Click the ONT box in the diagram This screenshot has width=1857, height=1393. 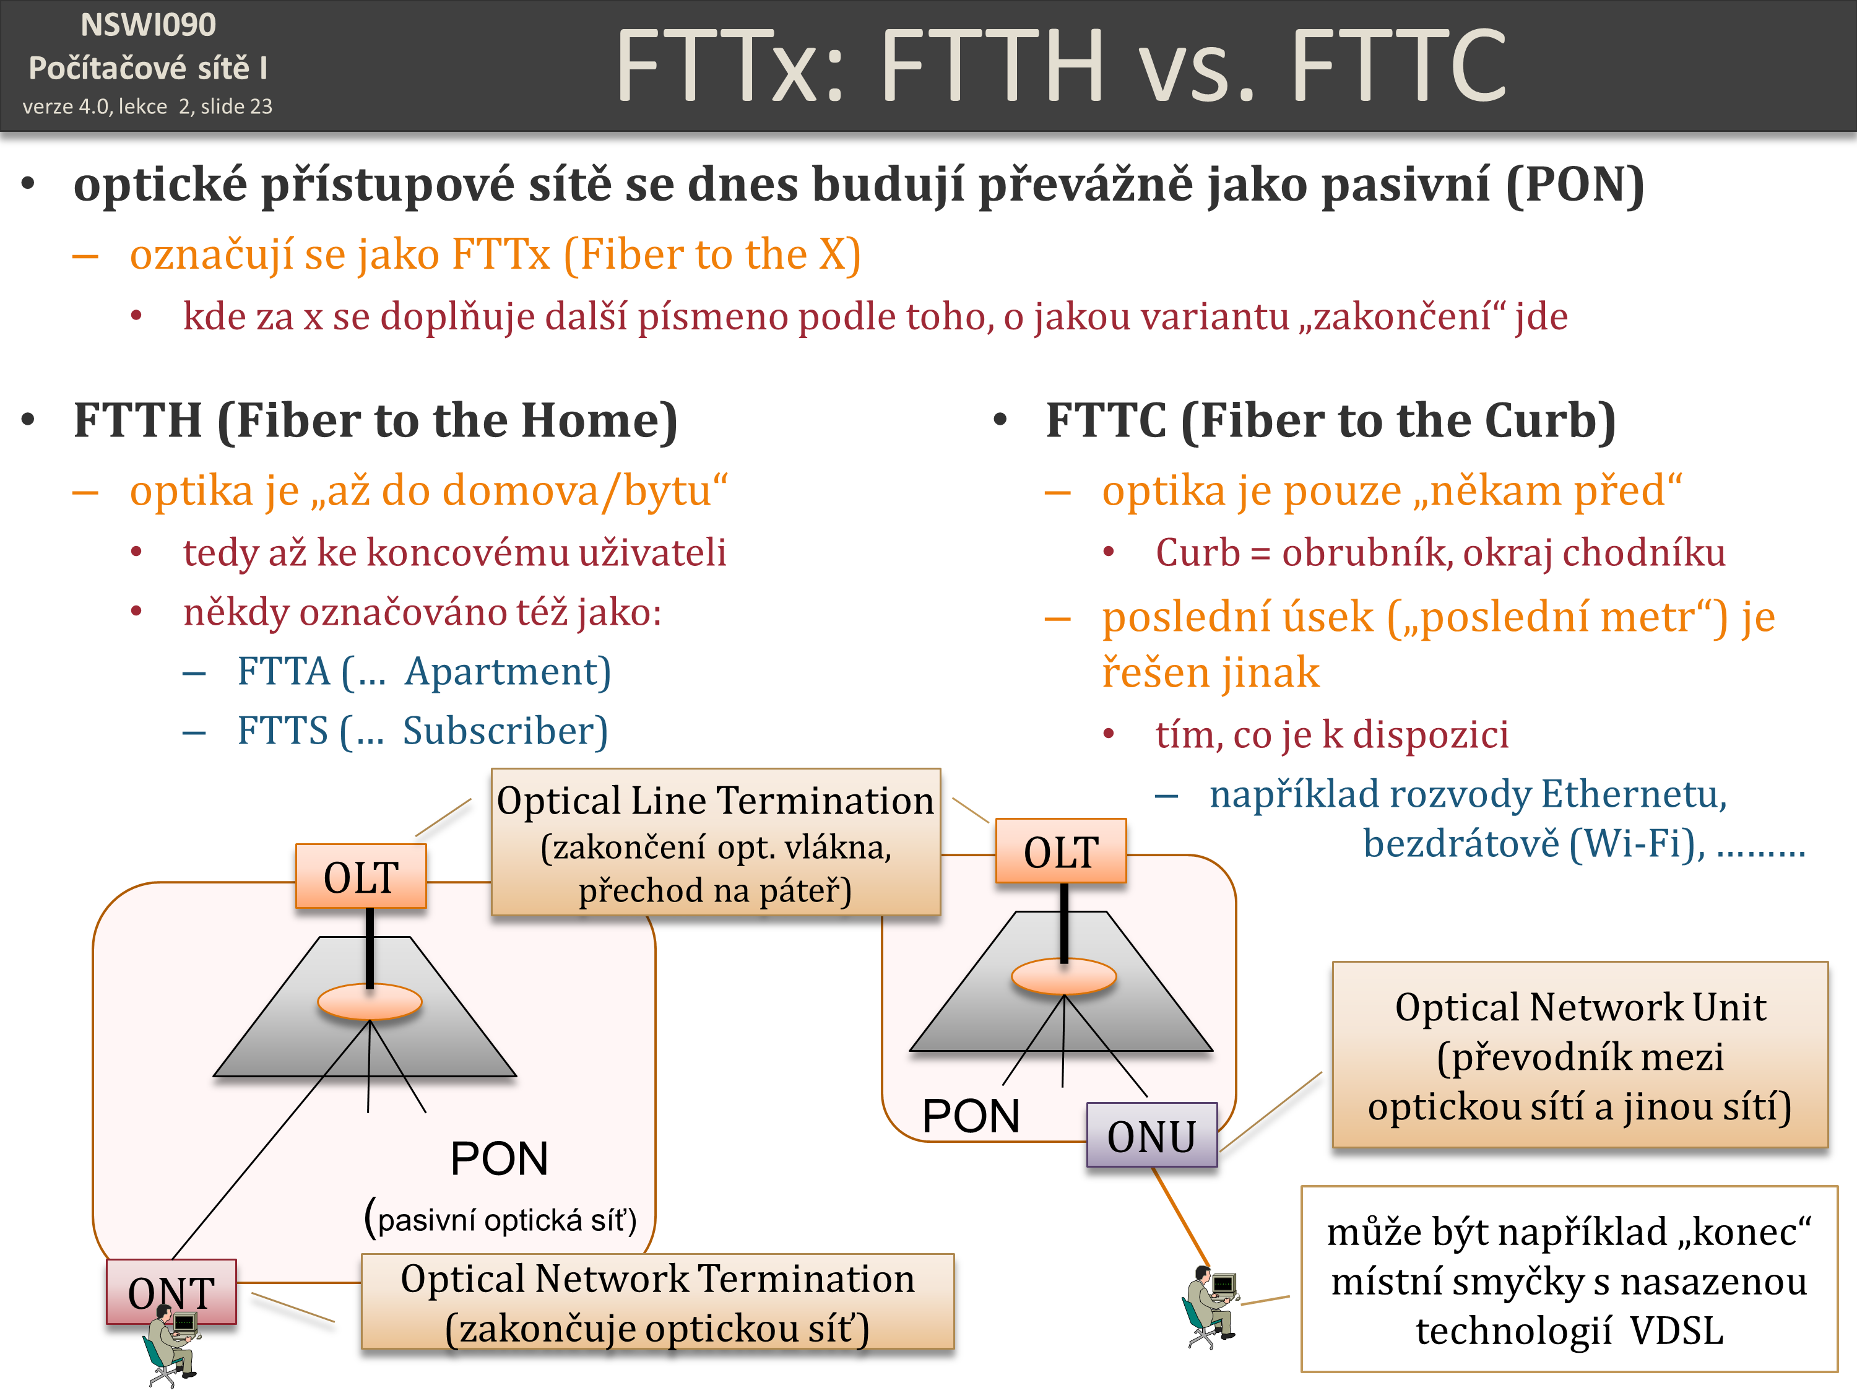point(171,1291)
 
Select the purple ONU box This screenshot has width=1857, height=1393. point(1151,1135)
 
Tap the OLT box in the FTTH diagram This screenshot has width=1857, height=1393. point(361,877)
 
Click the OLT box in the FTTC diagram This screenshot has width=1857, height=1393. point(1060,851)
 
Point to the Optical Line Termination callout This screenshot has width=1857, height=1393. point(716,842)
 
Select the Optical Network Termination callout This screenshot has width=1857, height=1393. point(657,1301)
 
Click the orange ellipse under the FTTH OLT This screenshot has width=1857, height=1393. point(370,1002)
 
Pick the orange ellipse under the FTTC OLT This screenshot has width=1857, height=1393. point(1063,976)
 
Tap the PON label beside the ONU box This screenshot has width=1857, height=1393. point(971,1115)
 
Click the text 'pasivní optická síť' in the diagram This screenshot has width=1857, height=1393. point(500,1219)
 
